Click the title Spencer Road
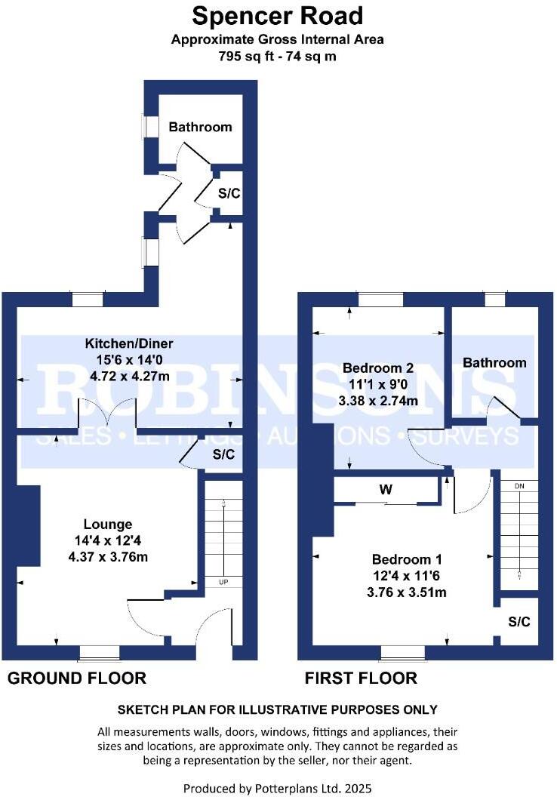278,16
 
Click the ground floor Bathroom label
200,127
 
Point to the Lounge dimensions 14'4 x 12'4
108,540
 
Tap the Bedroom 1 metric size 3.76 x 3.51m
408,592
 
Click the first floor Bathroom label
494,363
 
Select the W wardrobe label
386,490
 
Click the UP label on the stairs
224,582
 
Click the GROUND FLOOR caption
76,679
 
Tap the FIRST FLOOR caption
361,679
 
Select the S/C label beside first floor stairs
519,623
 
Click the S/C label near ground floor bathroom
229,193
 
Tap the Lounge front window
100,651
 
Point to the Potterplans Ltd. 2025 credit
278,788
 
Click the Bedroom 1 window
403,651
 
